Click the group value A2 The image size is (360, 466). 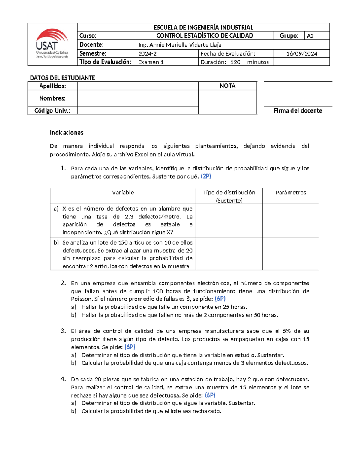coord(310,36)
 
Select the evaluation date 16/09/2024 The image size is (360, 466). coord(301,53)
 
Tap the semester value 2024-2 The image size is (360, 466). coord(147,53)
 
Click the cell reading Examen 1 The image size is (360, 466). coord(151,62)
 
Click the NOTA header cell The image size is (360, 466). coord(227,86)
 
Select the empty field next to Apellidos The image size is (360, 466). coord(138,86)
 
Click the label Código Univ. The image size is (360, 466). coord(52,110)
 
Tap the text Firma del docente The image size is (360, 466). coord(298,110)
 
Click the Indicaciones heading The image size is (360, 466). coord(67,132)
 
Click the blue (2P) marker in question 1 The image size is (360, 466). coord(206,176)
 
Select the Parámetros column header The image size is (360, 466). coord(290,193)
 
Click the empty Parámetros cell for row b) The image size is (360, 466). coord(290,254)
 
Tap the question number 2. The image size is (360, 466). coord(63,283)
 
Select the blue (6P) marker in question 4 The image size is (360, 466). coord(210,395)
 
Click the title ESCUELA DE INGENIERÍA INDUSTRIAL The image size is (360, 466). coord(203,27)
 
